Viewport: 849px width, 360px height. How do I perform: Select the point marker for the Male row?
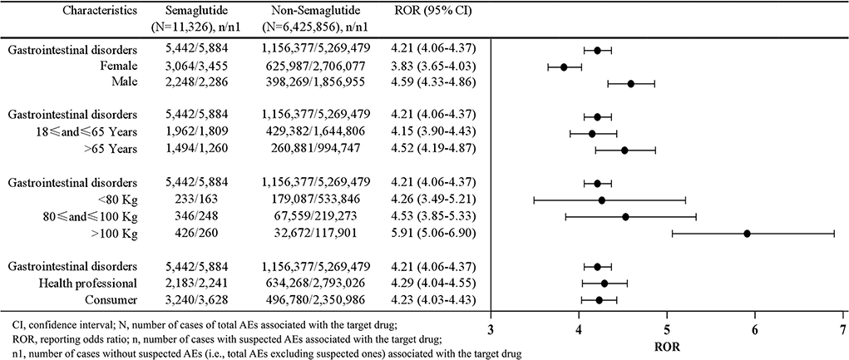coord(631,83)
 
